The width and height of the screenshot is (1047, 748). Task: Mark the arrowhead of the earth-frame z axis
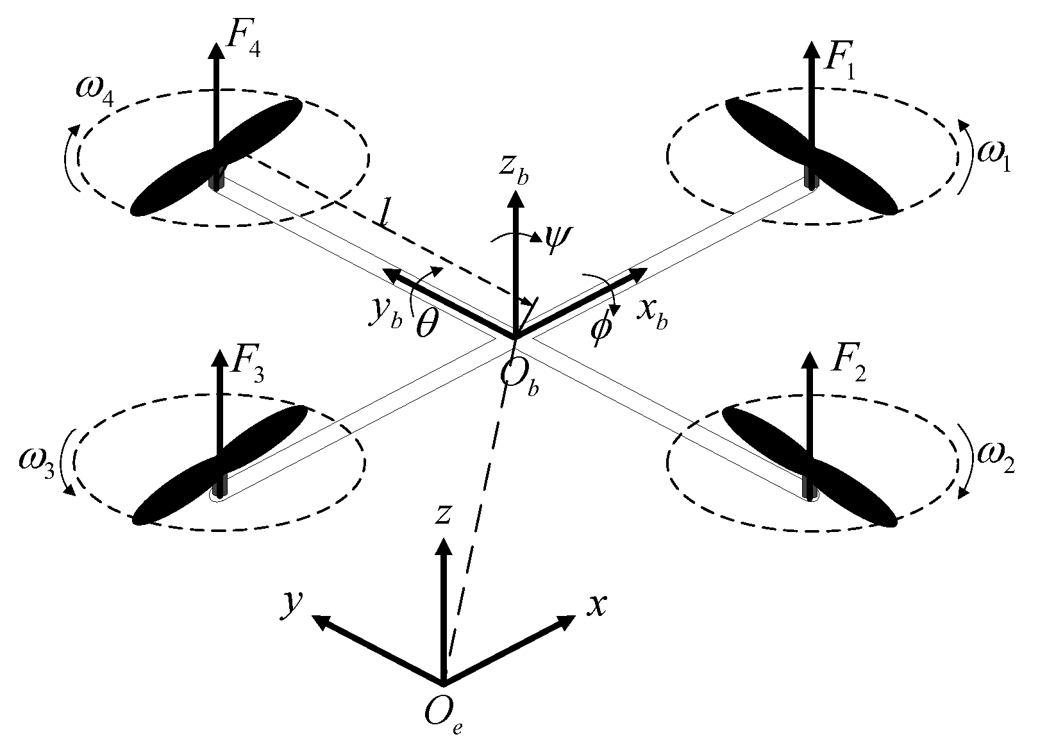click(442, 546)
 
